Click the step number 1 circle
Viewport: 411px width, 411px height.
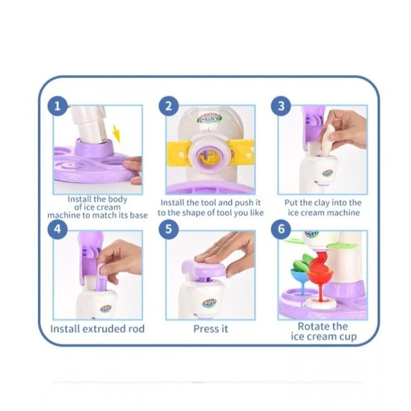(58, 106)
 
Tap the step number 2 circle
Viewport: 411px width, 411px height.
(169, 106)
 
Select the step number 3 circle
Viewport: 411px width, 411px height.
(281, 106)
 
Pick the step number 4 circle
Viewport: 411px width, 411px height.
(58, 229)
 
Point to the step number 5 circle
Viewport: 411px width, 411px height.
(169, 229)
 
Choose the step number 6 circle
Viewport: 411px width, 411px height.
(281, 229)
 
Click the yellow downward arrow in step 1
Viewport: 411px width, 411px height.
(116, 134)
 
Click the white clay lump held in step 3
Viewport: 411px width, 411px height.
(327, 141)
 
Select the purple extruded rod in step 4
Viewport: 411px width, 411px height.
(101, 277)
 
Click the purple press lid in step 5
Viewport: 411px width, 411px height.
(204, 269)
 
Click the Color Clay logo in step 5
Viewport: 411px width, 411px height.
(210, 303)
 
